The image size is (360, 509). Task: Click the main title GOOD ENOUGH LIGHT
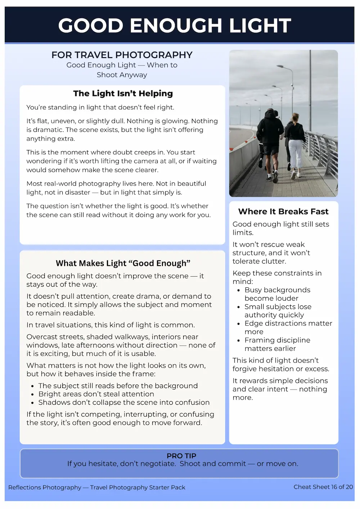[x=175, y=26]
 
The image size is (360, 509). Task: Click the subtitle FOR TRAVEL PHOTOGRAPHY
[x=122, y=55]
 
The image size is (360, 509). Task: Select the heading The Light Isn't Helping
[x=123, y=94]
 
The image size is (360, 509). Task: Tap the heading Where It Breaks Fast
[x=283, y=212]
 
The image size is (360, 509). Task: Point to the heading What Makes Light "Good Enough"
[x=123, y=263]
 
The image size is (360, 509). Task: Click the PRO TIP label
[x=181, y=456]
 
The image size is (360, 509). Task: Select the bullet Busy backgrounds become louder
[x=277, y=294]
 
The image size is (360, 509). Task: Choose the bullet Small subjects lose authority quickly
[x=278, y=311]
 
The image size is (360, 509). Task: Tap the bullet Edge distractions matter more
[x=288, y=327]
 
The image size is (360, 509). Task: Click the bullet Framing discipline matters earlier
[x=277, y=344]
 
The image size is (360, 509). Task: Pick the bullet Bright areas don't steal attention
[x=96, y=394]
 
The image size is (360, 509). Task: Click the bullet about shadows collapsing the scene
[x=124, y=402]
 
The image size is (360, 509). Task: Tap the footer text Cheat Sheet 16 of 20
[x=323, y=487]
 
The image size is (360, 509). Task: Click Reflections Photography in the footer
[x=45, y=487]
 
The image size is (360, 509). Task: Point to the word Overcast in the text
[x=42, y=337]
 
